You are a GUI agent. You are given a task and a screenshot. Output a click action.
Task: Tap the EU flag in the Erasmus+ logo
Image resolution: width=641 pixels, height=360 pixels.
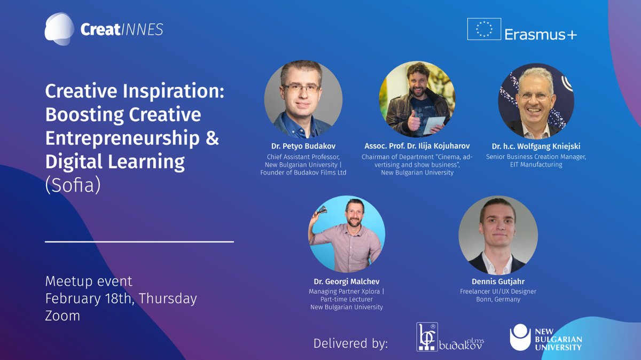pyautogui.click(x=484, y=29)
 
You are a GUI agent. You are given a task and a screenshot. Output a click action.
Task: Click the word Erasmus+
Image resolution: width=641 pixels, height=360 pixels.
pyautogui.click(x=541, y=34)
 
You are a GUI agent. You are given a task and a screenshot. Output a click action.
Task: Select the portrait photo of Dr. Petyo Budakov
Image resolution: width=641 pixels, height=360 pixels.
pyautogui.click(x=303, y=99)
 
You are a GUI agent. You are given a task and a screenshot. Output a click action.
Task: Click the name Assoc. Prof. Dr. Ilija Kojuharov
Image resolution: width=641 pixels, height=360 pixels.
pyautogui.click(x=417, y=146)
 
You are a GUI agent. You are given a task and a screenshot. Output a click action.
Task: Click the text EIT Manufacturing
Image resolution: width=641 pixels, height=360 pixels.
pyautogui.click(x=536, y=165)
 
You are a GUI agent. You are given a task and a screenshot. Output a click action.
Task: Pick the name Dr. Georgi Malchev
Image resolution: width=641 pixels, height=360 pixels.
pyautogui.click(x=346, y=281)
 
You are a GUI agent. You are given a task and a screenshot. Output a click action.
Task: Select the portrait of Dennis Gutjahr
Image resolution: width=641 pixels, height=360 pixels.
pyautogui.click(x=498, y=235)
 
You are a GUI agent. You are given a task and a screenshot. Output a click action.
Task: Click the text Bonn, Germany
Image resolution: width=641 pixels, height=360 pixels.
pyautogui.click(x=498, y=299)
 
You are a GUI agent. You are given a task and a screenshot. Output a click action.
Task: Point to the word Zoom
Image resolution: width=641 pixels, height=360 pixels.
pyautogui.click(x=62, y=315)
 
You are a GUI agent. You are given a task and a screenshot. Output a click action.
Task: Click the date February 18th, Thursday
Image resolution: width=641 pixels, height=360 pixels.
pyautogui.click(x=121, y=298)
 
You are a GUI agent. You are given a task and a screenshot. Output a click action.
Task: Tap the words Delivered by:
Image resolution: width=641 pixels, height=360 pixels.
pyautogui.click(x=350, y=343)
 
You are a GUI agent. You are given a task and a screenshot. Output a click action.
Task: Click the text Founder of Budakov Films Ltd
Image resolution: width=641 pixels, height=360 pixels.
pyautogui.click(x=303, y=173)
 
